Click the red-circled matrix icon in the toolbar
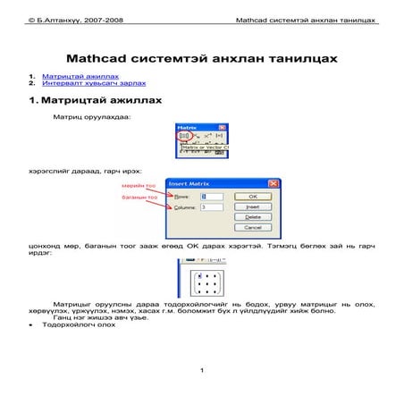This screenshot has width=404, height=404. click(x=181, y=136)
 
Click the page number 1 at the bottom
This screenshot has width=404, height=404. click(x=203, y=371)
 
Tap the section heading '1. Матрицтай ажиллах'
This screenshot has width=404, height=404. click(x=95, y=100)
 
